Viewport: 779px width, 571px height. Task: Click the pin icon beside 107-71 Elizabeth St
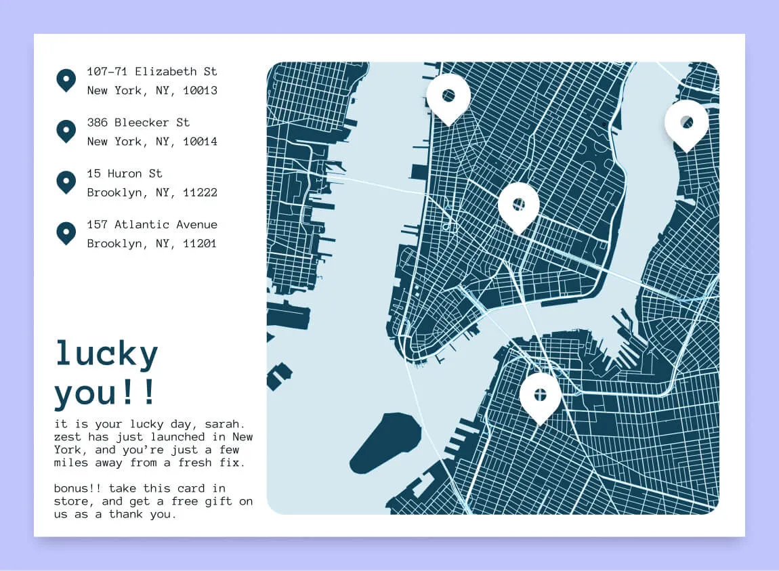tap(66, 80)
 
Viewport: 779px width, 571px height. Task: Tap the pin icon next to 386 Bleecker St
tap(66, 131)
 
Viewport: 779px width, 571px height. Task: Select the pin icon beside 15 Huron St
tap(66, 182)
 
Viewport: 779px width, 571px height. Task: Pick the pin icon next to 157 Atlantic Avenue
tap(66, 233)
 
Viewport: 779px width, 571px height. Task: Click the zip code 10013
tap(201, 91)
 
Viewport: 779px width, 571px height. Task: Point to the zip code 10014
tap(201, 142)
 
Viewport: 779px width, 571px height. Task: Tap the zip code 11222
tap(201, 193)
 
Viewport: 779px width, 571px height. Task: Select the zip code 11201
tap(201, 244)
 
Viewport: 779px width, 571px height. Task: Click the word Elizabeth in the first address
tap(163, 71)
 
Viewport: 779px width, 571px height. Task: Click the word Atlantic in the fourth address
tap(142, 224)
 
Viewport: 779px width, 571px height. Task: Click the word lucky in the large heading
tap(106, 354)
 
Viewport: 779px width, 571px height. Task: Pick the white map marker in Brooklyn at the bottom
tap(540, 396)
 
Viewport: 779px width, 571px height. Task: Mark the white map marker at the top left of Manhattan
tap(448, 97)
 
